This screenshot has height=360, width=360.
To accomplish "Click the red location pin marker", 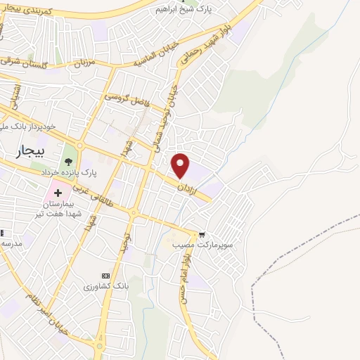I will pos(181,166).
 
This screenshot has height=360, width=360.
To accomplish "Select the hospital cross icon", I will pos(57,191).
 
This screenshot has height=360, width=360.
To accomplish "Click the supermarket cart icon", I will pos(202,235).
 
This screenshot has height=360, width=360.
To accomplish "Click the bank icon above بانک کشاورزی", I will pos(106,276).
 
